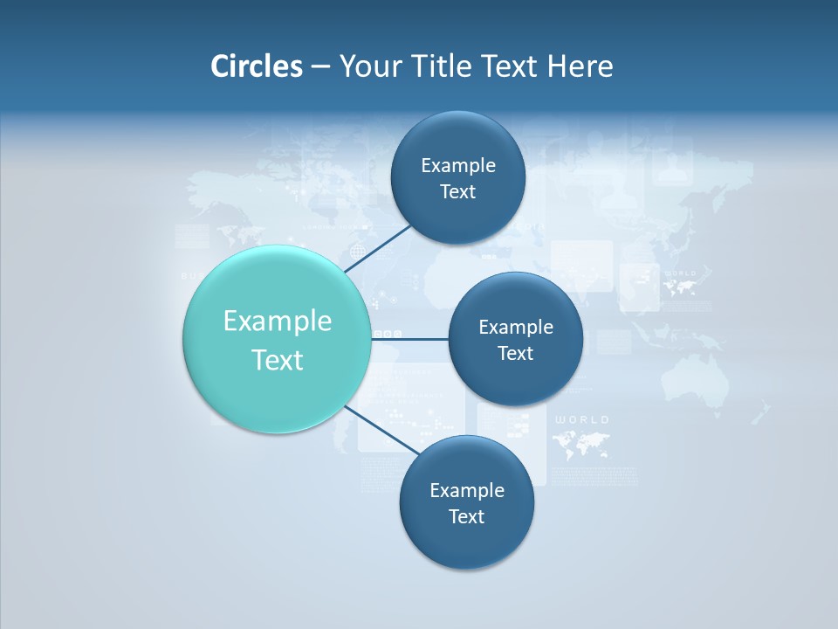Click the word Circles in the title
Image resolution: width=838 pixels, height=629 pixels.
coord(256,66)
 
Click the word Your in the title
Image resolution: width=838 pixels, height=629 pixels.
coord(370,66)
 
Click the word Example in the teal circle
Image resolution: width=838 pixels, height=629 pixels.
coord(278,321)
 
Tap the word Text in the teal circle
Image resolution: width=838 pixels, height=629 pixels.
coord(278,360)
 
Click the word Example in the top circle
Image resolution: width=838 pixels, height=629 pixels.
coord(458,165)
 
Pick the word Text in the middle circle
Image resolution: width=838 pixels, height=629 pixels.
coord(515,353)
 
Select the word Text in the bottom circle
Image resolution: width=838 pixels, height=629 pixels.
coord(466,516)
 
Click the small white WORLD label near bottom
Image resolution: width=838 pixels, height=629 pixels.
coord(582,420)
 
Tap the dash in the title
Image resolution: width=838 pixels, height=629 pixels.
coord(320,66)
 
